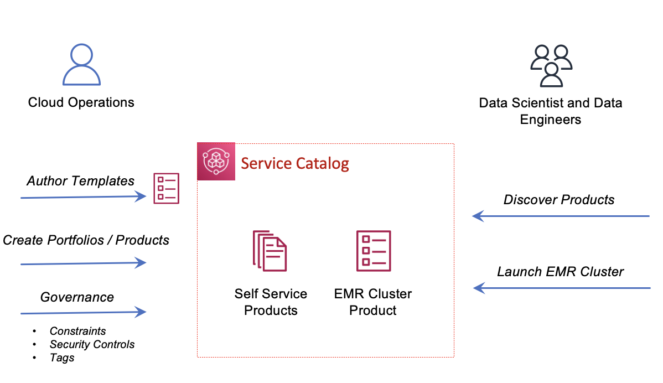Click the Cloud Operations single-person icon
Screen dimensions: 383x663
coord(81,65)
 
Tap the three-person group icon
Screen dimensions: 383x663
coord(551,65)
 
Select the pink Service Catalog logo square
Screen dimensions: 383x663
coord(216,162)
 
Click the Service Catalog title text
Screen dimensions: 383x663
coord(295,163)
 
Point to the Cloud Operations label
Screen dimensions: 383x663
coord(81,102)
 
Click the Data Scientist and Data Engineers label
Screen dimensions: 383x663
coord(551,111)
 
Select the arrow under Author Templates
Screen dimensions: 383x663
coord(83,197)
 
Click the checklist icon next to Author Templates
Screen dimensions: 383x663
coord(166,188)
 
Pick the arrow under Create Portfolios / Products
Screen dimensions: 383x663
coord(83,263)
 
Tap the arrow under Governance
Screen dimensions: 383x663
coord(83,313)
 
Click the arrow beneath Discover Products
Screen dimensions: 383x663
coord(561,216)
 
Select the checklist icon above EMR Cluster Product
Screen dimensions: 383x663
coord(374,251)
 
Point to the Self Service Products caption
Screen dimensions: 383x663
coord(271,302)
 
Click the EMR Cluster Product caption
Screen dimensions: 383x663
coord(373,302)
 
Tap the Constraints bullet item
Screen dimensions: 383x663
coord(77,331)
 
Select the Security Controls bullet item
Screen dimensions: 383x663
coord(92,344)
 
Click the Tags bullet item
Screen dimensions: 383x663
coord(62,358)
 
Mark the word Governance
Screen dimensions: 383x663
coord(77,297)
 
